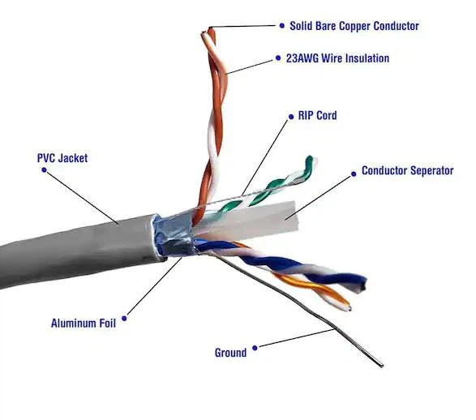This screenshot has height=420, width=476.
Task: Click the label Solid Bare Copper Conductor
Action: click(354, 26)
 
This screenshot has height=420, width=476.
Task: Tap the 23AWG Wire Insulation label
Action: click(339, 58)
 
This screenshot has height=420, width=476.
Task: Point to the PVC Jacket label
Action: click(62, 158)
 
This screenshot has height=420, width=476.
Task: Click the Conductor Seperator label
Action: click(407, 171)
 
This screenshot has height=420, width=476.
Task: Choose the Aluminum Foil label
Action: click(84, 323)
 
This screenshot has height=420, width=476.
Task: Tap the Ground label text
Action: click(230, 353)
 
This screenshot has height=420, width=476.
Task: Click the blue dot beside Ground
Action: click(255, 348)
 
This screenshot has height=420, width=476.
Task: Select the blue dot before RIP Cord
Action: click(289, 116)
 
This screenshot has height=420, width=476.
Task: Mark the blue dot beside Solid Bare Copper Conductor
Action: click(281, 26)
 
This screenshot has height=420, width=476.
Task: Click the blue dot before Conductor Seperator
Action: click(353, 171)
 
